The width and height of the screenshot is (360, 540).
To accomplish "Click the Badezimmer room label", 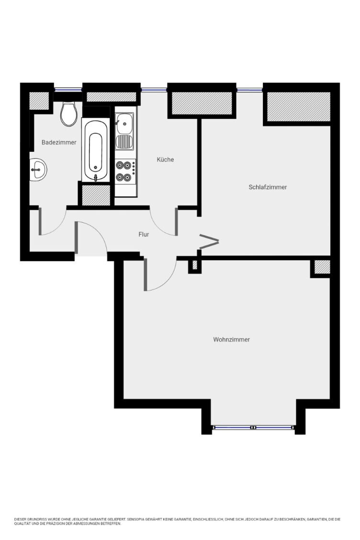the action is point(59,142).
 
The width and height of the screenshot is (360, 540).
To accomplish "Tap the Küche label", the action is point(165,160).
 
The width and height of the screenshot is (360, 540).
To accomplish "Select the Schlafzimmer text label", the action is point(268,187).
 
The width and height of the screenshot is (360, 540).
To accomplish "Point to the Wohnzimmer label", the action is point(231,339).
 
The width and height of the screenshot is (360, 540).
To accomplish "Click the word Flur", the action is point(144,234).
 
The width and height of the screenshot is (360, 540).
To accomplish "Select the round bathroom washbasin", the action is point(38,170).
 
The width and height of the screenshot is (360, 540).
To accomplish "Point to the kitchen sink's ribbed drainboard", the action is point(124,142).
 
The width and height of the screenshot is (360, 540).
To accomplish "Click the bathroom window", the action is point(68,90).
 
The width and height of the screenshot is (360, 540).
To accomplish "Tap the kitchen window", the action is point(154,90).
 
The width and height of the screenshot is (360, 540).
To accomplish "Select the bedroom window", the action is point(249,90).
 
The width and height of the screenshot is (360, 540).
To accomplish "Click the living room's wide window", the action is point(254,427).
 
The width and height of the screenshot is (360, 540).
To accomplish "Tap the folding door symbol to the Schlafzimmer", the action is point(209,241).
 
